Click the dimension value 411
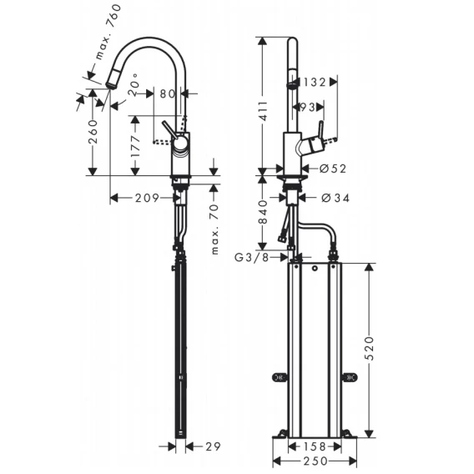click(264, 111)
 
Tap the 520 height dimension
click(369, 348)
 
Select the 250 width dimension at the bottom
click(315, 461)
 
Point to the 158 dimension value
click(315, 446)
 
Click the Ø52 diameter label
click(333, 169)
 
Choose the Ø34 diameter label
click(335, 198)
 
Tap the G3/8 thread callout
click(252, 258)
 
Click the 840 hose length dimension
click(264, 212)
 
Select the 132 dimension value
click(314, 82)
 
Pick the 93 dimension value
click(308, 107)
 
